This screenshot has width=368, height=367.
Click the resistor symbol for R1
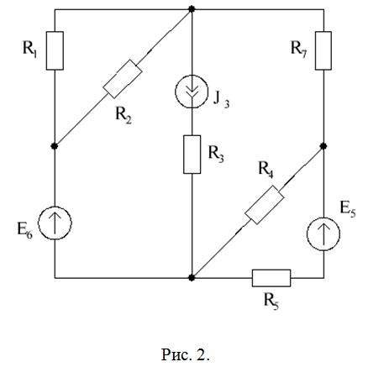point(55,50)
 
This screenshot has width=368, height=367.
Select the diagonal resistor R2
point(123,79)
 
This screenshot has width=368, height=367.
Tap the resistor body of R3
point(192,155)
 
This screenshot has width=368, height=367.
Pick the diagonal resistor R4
point(265,205)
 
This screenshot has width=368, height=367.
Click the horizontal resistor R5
point(271,278)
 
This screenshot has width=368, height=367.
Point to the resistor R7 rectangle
point(323,50)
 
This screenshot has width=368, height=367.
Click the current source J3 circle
point(192,92)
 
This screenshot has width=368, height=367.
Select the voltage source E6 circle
point(55,223)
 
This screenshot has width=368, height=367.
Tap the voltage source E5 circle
point(323,234)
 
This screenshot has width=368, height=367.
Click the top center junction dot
point(192,9)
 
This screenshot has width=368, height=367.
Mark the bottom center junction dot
point(192,278)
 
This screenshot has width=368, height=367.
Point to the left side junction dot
point(55,146)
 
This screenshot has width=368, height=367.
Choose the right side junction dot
point(323,146)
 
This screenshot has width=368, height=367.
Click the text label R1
point(29,49)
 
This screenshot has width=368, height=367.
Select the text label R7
point(299,49)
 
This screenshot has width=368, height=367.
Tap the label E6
point(25,230)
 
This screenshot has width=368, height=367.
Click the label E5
point(348,209)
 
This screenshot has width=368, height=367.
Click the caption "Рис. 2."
point(186,354)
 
